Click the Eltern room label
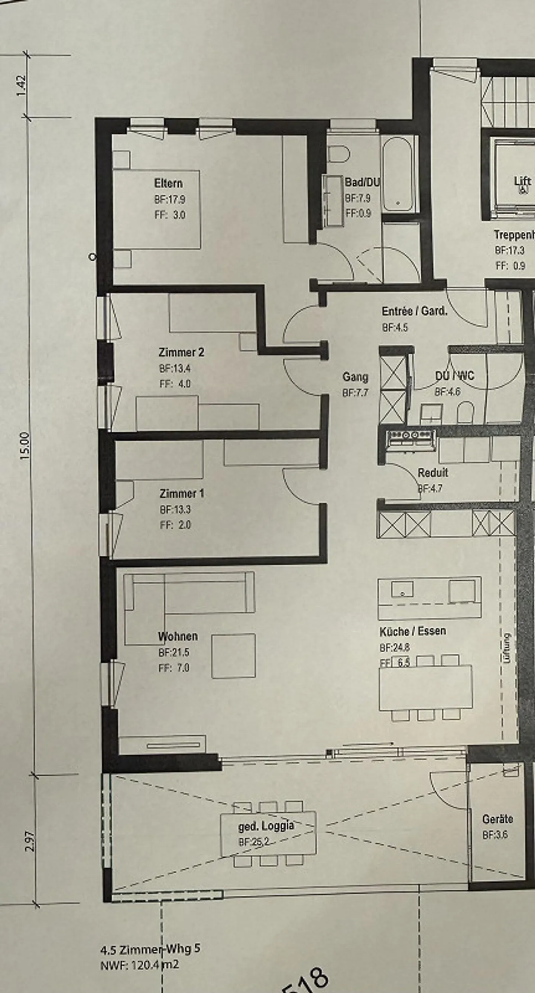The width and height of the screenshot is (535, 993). (x=168, y=183)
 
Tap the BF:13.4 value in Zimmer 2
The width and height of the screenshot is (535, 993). (x=175, y=368)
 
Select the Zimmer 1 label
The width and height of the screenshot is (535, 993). (x=182, y=493)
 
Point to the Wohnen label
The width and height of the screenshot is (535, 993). (x=178, y=636)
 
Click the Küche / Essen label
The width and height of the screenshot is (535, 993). (x=412, y=632)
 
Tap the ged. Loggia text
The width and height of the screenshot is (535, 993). (x=266, y=826)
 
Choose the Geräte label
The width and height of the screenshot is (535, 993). (x=497, y=819)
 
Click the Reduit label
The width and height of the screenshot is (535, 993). (x=433, y=473)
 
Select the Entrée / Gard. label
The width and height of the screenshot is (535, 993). (x=414, y=311)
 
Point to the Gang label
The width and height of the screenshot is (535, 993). (x=355, y=377)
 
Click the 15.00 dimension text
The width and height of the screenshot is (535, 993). (x=24, y=446)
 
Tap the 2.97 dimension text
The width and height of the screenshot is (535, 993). (x=30, y=841)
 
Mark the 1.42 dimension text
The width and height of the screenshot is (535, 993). (x=22, y=85)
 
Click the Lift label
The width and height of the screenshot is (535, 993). (x=522, y=181)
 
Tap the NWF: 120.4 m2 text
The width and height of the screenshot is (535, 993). (x=139, y=965)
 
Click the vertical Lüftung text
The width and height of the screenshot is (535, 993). (x=506, y=648)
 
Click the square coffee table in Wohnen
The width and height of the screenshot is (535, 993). (x=233, y=656)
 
